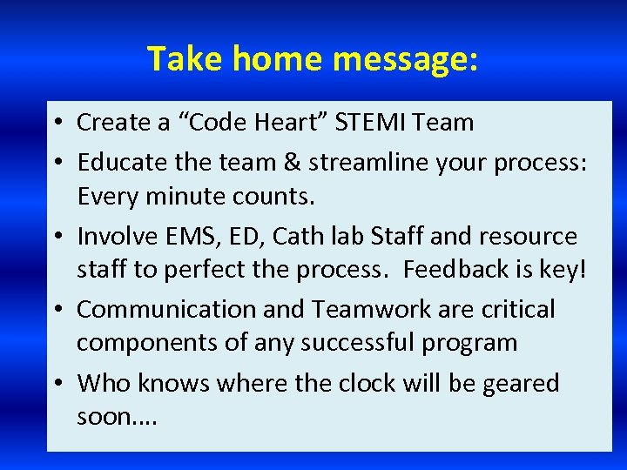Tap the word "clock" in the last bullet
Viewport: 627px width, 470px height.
(x=405, y=384)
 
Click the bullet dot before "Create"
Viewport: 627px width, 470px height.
(x=56, y=124)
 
